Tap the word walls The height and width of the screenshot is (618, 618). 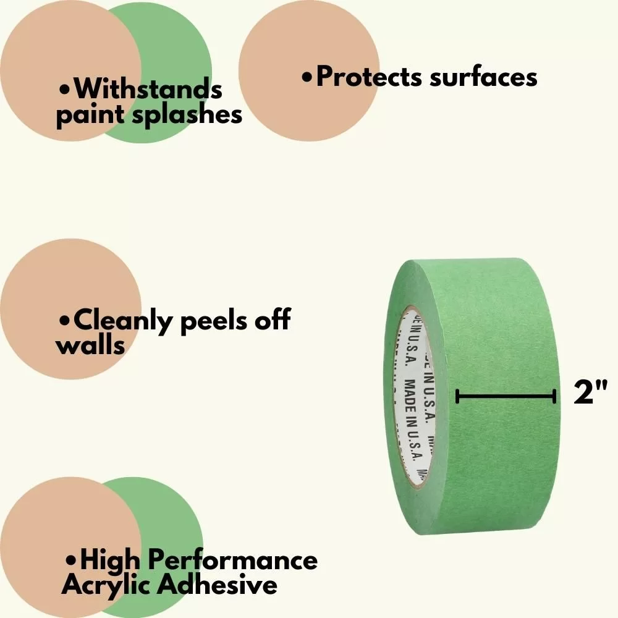tap(90, 345)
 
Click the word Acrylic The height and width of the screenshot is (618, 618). tap(105, 584)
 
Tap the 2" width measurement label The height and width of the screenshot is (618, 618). tap(591, 394)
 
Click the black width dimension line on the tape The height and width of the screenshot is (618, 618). tap(506, 397)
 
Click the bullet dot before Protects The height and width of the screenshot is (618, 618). tap(307, 78)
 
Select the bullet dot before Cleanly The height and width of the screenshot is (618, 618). tap(64, 322)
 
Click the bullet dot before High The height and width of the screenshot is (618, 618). tap(71, 561)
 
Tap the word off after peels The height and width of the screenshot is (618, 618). tap(271, 321)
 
